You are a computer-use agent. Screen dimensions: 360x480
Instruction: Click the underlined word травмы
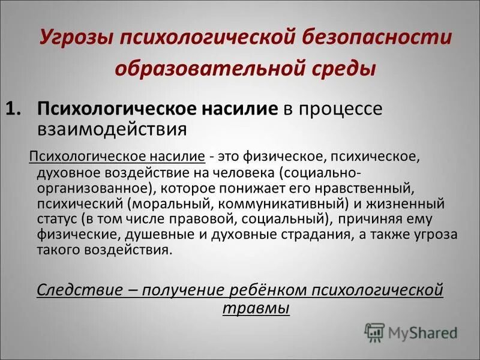coord(256,308)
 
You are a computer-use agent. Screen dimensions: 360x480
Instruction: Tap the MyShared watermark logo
coord(412,331)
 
